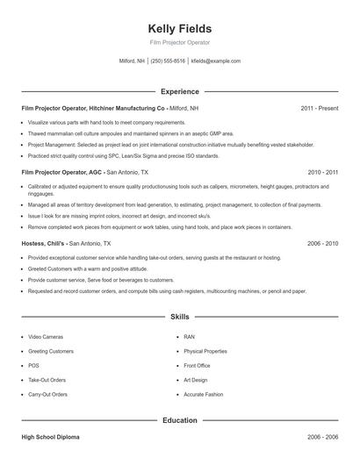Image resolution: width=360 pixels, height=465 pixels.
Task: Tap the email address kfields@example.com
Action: pyautogui.click(x=215, y=61)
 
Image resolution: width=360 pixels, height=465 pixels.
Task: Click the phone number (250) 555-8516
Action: pyautogui.click(x=168, y=61)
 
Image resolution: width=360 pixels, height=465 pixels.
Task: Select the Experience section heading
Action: pyautogui.click(x=180, y=91)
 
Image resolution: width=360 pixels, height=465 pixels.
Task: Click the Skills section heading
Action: pyautogui.click(x=180, y=316)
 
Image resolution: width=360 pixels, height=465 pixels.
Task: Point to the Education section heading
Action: pyautogui.click(x=180, y=420)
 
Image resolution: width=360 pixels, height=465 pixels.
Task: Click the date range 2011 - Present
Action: pyautogui.click(x=319, y=108)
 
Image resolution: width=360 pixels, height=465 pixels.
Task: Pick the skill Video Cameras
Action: pyautogui.click(x=46, y=337)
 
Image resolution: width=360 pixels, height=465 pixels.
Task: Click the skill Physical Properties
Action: pyautogui.click(x=205, y=351)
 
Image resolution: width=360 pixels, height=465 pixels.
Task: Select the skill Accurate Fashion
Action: pyautogui.click(x=204, y=395)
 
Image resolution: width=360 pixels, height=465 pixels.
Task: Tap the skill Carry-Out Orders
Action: pyautogui.click(x=47, y=395)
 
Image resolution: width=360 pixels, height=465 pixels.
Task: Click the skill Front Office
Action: pyautogui.click(x=197, y=366)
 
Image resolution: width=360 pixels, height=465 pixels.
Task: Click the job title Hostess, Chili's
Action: pyautogui.click(x=43, y=243)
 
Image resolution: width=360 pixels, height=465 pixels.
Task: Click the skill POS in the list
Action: pyautogui.click(x=33, y=366)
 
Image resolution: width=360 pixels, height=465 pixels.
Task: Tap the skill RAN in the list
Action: pyautogui.click(x=190, y=337)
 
